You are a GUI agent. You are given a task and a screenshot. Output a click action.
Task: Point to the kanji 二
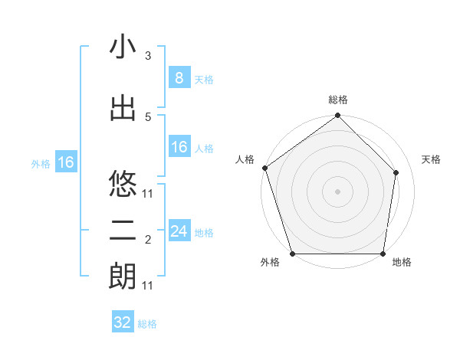pos(123,231)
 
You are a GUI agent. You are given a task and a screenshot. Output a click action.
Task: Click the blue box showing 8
pos(179,78)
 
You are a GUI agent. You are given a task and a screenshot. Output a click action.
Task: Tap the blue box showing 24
pos(179,231)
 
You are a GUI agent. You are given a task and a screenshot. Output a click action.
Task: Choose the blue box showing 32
pos(123,322)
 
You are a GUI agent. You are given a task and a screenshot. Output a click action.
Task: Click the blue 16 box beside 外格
pos(65,162)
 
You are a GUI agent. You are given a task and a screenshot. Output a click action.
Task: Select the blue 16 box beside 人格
pos(179,147)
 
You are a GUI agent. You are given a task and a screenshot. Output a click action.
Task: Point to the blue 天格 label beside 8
pos(204,79)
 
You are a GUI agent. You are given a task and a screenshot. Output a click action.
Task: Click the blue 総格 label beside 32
pos(147,324)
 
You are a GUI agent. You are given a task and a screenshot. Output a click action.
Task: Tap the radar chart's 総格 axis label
pos(338,100)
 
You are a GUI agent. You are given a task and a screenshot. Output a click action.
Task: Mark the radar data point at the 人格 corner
pos(264,168)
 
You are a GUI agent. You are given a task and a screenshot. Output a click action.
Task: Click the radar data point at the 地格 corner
pos(383,254)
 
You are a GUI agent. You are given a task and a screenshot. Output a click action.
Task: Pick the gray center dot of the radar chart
pos(338,191)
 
